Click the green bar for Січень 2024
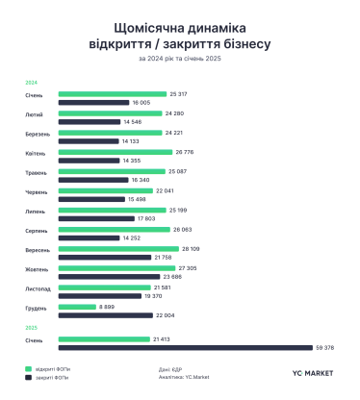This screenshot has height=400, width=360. click(112, 94)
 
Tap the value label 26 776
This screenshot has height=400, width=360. click(182, 152)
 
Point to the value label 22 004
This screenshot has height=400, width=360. click(155, 314)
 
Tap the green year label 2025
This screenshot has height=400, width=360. click(31, 328)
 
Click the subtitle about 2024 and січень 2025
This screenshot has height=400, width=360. click(179, 62)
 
